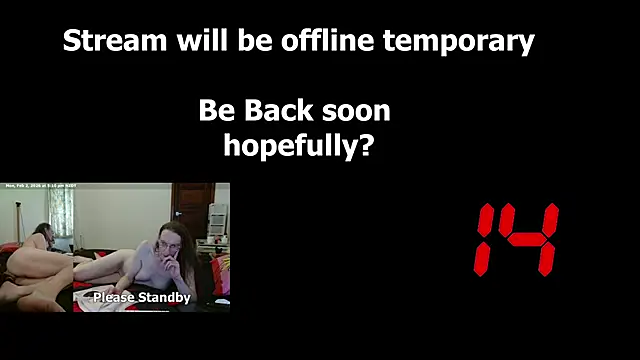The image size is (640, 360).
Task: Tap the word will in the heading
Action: click(x=185, y=42)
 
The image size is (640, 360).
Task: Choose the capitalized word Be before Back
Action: click(x=215, y=110)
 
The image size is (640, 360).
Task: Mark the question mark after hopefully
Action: click(x=366, y=145)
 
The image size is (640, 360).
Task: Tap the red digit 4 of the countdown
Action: click(x=532, y=239)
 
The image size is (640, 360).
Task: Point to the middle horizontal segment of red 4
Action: click(x=531, y=240)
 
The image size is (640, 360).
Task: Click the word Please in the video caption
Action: click(x=113, y=297)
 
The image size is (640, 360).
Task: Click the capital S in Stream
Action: click(x=72, y=42)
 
